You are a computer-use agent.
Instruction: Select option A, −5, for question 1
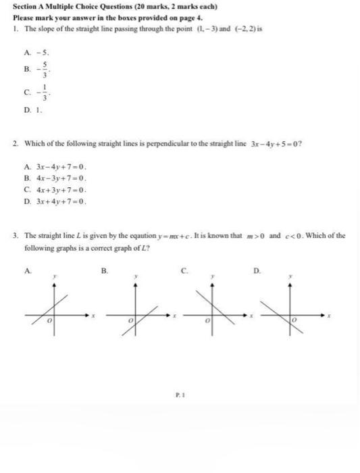tap(37, 50)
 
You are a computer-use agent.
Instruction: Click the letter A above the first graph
tap(26, 270)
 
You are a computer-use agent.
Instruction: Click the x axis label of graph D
tap(330, 315)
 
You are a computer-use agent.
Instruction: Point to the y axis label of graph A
tap(56, 277)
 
